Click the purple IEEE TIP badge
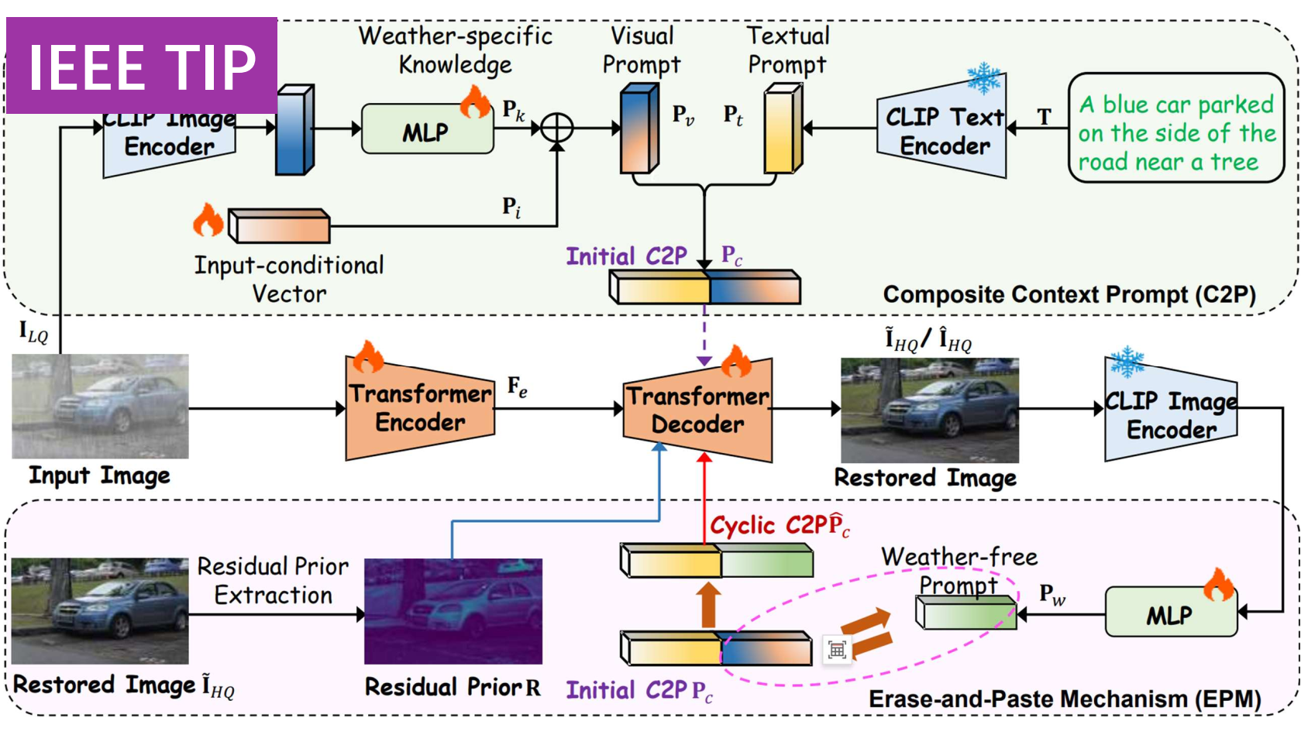[x=142, y=66]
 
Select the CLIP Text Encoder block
[x=942, y=130]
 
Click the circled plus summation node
[x=556, y=128]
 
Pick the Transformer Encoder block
[x=420, y=408]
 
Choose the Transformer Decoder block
[x=697, y=410]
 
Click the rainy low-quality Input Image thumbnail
[x=100, y=406]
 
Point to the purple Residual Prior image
[x=453, y=611]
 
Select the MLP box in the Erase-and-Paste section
[x=1170, y=613]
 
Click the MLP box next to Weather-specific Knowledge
[x=427, y=130]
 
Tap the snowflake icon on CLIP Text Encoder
[x=984, y=77]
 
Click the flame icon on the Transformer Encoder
[x=368, y=356]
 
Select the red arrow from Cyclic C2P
[x=704, y=496]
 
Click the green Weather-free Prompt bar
[x=966, y=613]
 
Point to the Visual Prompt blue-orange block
[x=638, y=129]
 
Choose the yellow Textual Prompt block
[x=783, y=129]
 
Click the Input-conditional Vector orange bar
[x=279, y=226]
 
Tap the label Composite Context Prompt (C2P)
[x=1069, y=295]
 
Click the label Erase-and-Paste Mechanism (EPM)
[x=1065, y=699]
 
